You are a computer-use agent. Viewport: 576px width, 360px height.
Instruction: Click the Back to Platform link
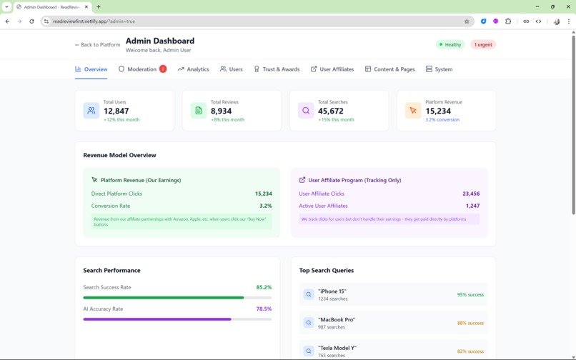(x=98, y=44)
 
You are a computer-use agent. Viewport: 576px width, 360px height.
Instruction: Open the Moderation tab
(x=142, y=69)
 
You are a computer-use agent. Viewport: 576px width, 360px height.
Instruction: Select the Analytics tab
(x=194, y=69)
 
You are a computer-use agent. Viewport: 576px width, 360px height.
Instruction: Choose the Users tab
(x=232, y=69)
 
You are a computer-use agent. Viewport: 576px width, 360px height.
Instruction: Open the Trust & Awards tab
(x=277, y=69)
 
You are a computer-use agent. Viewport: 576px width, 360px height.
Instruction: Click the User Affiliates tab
(x=332, y=69)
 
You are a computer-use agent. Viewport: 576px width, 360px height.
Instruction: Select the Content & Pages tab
(x=389, y=69)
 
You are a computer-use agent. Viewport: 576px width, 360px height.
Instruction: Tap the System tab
(x=439, y=69)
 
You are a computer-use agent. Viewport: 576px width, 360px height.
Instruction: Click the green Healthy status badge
(x=450, y=44)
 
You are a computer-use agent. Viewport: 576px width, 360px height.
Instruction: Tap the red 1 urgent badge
(x=483, y=44)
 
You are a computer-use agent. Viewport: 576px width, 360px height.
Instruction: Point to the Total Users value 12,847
(x=116, y=111)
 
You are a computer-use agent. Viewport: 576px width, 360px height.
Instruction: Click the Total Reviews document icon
(x=199, y=111)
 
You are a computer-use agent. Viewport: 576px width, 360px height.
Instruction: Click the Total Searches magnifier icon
(x=306, y=111)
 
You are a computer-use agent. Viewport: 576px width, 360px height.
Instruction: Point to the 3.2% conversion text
(x=442, y=120)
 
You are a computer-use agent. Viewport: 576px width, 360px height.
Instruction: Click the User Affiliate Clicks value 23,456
(x=471, y=194)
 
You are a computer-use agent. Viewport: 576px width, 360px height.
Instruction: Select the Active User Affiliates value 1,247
(x=472, y=206)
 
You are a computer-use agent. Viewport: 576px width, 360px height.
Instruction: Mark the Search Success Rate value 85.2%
(x=264, y=287)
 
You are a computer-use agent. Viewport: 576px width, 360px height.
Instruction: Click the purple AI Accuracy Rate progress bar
(x=157, y=319)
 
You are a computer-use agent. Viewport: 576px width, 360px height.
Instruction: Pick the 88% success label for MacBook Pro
(x=470, y=323)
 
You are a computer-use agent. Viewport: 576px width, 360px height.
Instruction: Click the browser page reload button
(x=31, y=21)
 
